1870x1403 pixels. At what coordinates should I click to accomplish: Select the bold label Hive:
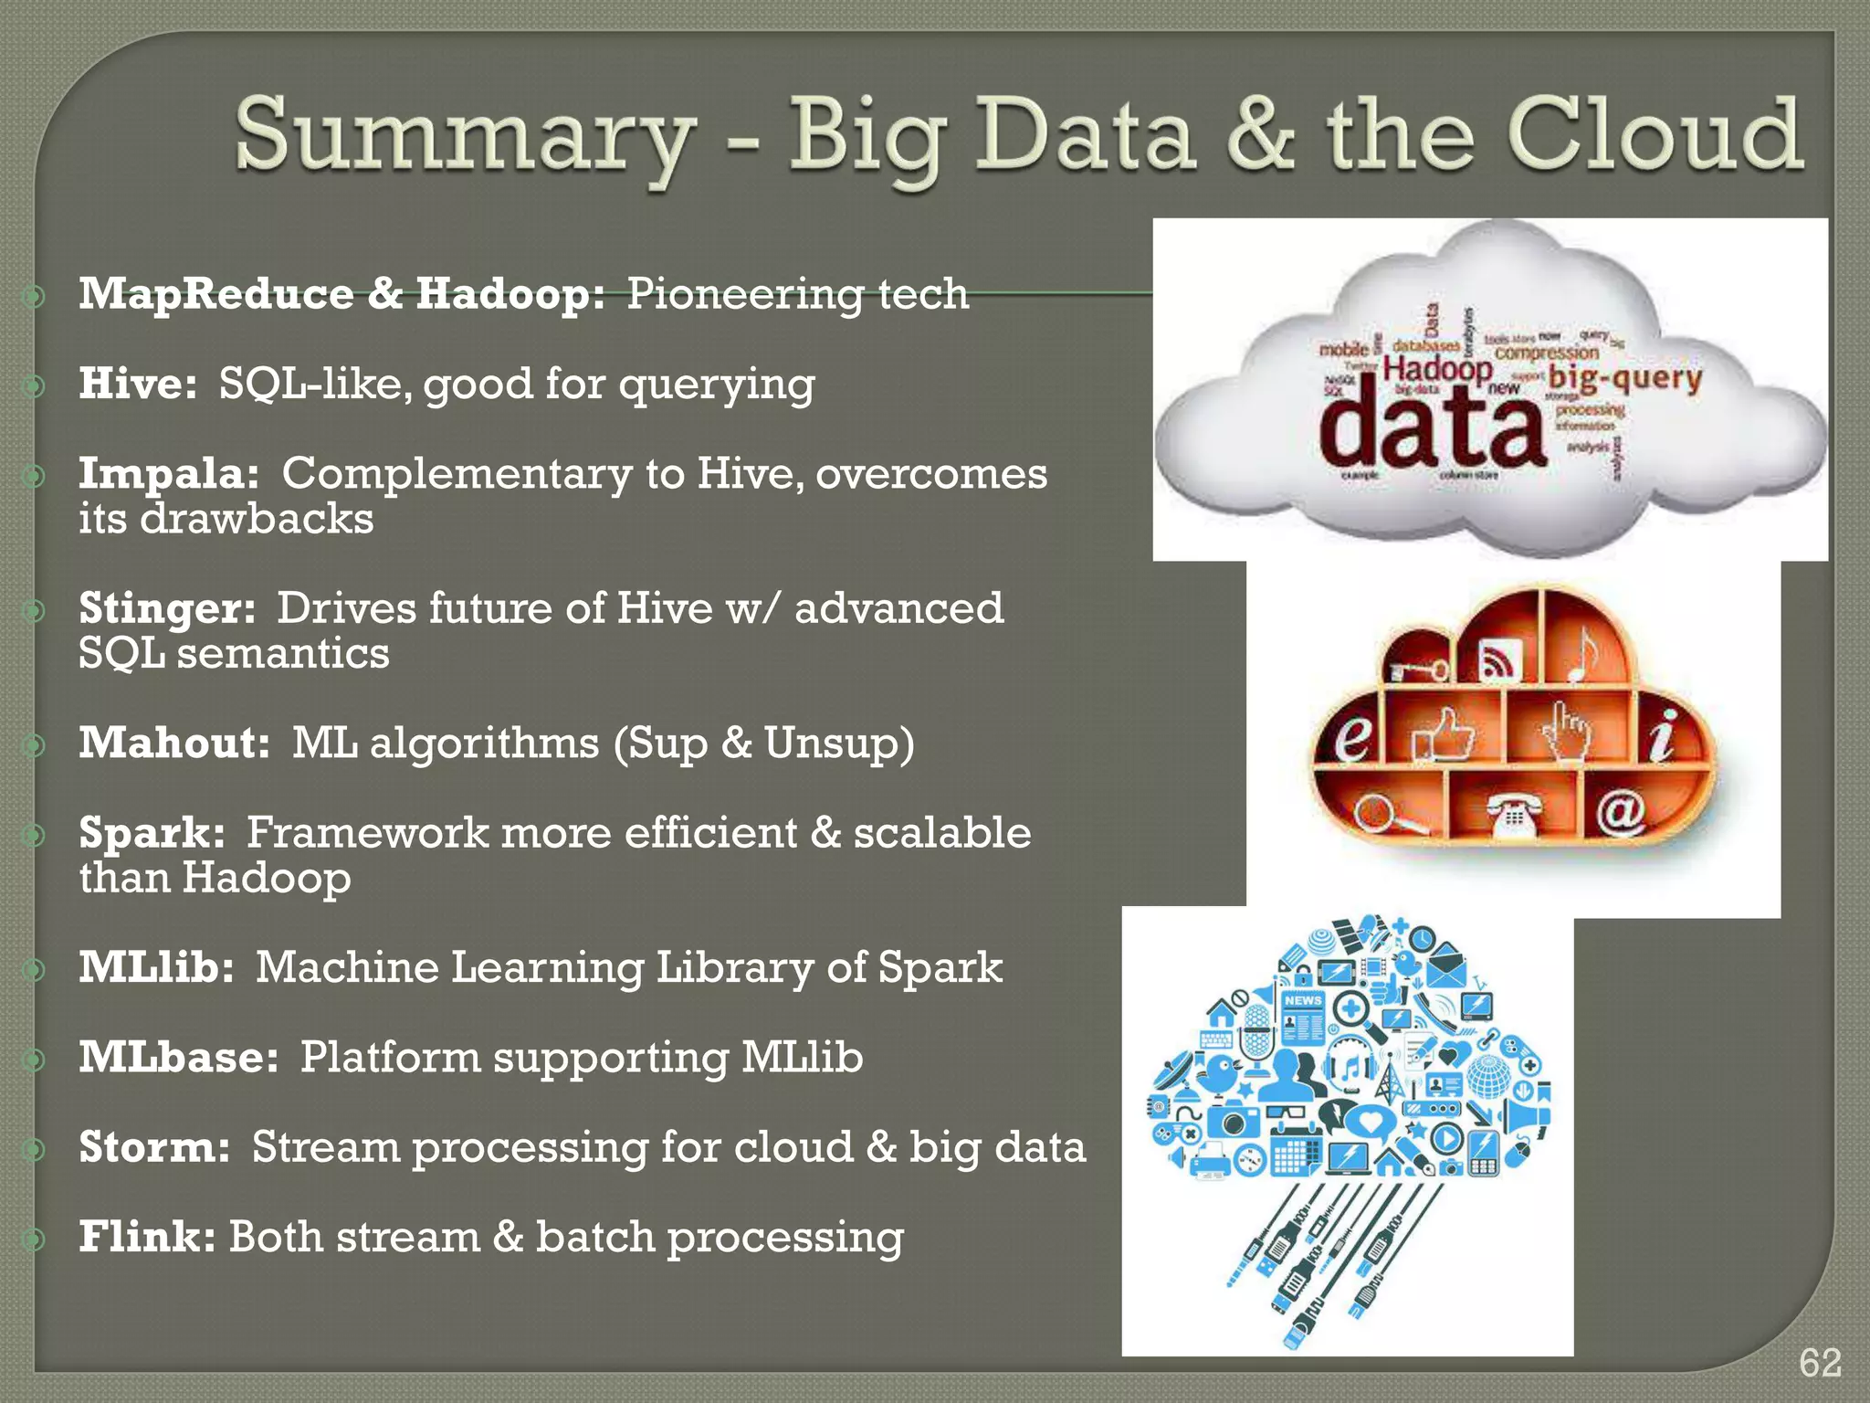[137, 383]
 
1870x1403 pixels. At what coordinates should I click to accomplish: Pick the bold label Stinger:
[167, 608]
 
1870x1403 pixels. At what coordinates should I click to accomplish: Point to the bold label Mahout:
[174, 743]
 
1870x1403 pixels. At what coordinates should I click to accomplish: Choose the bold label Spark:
[152, 832]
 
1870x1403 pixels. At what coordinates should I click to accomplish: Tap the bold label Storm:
[154, 1147]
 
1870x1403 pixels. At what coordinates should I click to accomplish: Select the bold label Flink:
[147, 1237]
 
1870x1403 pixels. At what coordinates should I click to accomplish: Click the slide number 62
[1819, 1363]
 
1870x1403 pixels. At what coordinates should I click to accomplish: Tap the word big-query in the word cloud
[1625, 377]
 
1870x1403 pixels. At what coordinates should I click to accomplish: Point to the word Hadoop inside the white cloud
[1437, 369]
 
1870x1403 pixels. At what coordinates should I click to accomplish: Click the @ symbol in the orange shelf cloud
[1621, 809]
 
